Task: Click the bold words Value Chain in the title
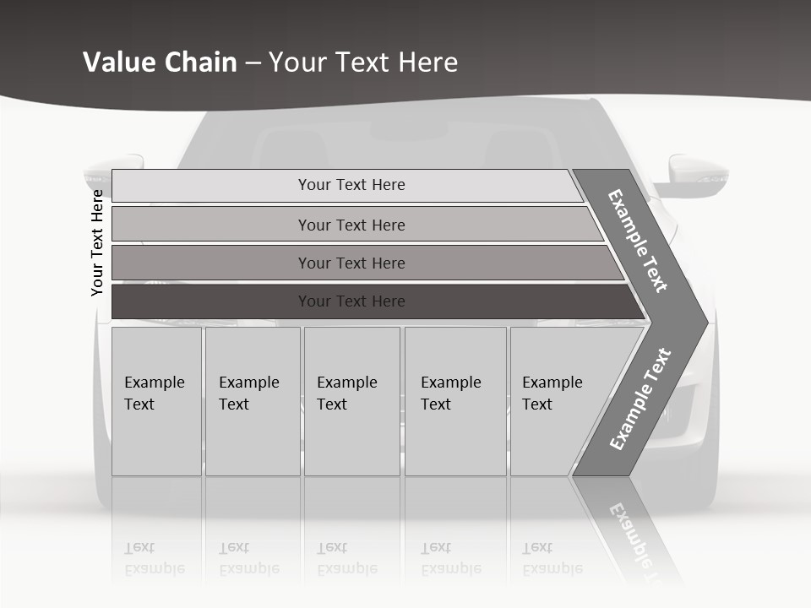coord(160,62)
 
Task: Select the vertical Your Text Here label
coord(97,242)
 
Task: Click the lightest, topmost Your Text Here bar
coord(351,185)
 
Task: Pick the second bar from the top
coord(351,225)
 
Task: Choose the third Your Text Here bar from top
coord(351,263)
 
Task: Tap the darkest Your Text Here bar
coord(351,301)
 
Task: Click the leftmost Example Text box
coord(156,401)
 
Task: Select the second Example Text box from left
coord(252,401)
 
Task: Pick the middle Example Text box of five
coord(351,401)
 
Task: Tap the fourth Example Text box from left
coord(454,401)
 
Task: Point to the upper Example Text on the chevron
coord(638,241)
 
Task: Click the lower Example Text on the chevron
coord(640,399)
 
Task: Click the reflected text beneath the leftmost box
coord(155,558)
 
